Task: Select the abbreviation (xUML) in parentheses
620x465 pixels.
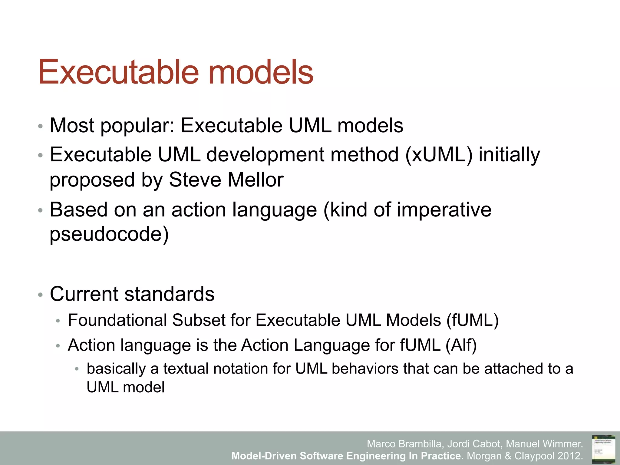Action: [x=438, y=155]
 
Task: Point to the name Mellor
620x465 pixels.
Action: [x=256, y=180]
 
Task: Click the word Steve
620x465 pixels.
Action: [x=195, y=180]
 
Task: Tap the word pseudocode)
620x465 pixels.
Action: [x=109, y=234]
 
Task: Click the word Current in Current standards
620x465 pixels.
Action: [x=84, y=294]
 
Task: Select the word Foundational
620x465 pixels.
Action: [x=117, y=320]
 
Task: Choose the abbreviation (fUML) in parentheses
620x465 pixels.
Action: [x=472, y=320]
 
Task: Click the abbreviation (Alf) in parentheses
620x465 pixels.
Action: [x=461, y=345]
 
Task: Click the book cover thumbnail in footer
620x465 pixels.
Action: [x=603, y=448]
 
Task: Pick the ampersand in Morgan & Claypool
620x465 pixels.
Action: [x=508, y=456]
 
